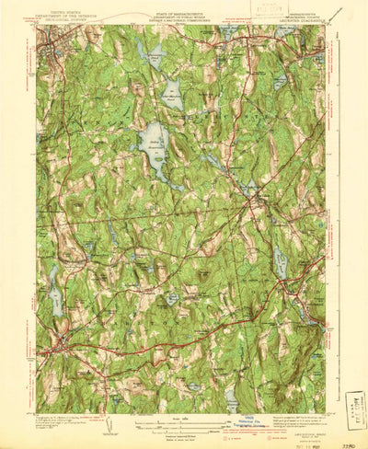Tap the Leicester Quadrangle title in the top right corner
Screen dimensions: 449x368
297,18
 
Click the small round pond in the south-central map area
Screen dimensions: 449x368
172,299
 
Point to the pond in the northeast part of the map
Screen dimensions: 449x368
281,81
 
